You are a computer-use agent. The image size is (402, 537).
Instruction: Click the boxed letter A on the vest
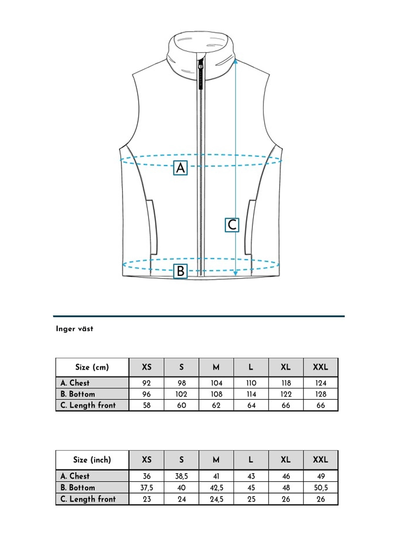pos(180,168)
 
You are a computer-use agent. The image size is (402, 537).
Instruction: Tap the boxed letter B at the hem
pos(180,271)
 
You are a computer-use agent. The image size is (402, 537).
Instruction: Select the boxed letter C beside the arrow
pos(232,225)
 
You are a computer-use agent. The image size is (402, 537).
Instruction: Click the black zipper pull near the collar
pos(200,77)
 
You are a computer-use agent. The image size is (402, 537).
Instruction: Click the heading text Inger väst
pos(75,329)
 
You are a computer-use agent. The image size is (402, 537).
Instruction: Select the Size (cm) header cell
pos(92,367)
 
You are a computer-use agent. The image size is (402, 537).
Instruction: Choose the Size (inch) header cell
pos(92,460)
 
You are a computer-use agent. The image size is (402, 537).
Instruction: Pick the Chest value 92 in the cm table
pos(147,383)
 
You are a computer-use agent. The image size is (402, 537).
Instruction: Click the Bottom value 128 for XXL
pos(321,394)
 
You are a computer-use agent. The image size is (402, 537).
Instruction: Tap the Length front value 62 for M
pos(216,405)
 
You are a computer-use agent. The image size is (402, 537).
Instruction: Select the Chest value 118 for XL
pos(286,383)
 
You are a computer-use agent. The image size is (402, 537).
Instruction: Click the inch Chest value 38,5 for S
pos(181,476)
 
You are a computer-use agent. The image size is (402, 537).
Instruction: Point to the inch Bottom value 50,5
pos(321,488)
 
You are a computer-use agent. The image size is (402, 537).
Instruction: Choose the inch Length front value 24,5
pos(216,499)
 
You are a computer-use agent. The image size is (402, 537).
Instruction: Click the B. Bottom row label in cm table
pos(78,394)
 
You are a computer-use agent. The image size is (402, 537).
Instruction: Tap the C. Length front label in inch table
pos(88,499)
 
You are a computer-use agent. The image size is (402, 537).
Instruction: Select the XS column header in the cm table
pos(147,367)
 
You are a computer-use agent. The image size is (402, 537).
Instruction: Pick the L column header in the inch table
pos(251,460)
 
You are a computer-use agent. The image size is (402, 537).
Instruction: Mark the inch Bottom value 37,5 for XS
pos(147,488)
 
